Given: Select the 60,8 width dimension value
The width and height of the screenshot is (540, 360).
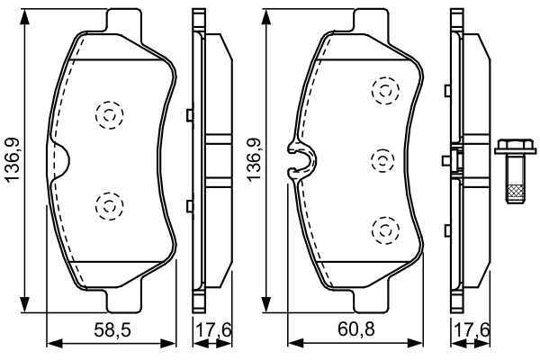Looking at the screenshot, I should coord(358,330).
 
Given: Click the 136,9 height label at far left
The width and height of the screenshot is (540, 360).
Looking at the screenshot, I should coord(13,160).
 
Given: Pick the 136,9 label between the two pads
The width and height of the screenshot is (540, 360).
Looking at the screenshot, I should coord(255,160).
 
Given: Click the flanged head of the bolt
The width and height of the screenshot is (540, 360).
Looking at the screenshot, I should coord(511,148).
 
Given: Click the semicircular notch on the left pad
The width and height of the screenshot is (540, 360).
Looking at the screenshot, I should coord(59,160).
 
